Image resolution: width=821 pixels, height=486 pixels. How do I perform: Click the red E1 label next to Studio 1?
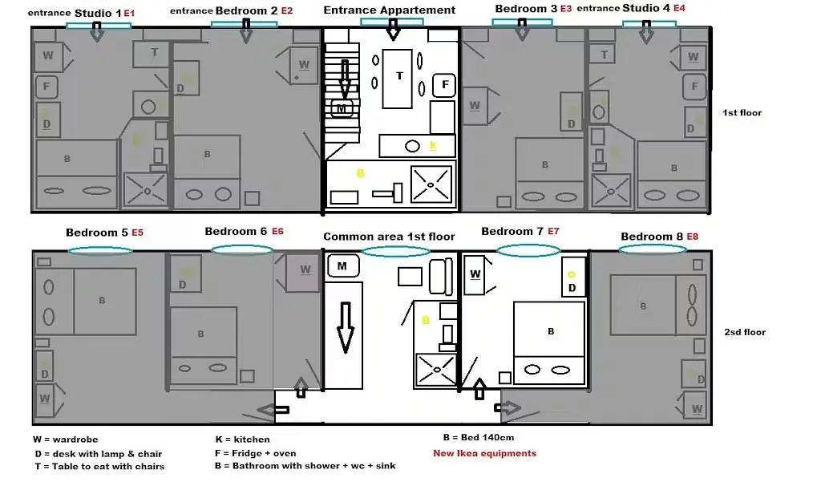[x=129, y=14]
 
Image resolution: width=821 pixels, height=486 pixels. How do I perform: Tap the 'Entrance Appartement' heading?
[x=390, y=10]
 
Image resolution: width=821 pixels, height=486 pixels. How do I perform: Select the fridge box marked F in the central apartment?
[x=443, y=85]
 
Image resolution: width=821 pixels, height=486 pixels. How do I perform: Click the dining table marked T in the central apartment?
[x=398, y=77]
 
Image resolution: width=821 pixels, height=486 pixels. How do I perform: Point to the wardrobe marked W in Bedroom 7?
[x=475, y=274]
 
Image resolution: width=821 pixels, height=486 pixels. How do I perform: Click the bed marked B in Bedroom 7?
[x=549, y=331]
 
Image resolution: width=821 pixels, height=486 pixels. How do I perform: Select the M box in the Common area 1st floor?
[x=342, y=265]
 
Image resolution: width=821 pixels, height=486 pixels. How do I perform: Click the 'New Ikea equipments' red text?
[x=484, y=453]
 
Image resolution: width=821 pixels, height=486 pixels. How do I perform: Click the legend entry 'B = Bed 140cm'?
[x=478, y=438]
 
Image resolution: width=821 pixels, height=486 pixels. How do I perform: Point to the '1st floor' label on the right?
[x=742, y=113]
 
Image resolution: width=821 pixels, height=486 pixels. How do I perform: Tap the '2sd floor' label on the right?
[x=745, y=332]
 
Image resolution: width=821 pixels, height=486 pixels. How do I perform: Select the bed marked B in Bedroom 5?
[x=103, y=301]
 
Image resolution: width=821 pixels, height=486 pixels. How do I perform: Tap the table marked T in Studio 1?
[x=154, y=52]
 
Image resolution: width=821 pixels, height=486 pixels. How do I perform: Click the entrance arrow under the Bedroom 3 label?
[x=522, y=30]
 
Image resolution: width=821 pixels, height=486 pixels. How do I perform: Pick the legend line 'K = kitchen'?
[x=242, y=439]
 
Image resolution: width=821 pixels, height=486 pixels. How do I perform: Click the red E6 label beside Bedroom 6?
[x=277, y=231]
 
